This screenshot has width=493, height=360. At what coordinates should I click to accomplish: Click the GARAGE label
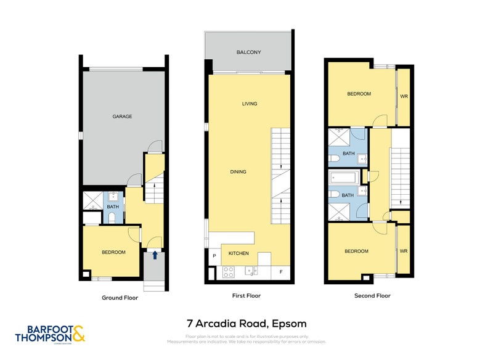pyautogui.click(x=122, y=117)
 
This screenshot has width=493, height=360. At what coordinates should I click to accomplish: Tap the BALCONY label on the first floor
pyautogui.click(x=248, y=53)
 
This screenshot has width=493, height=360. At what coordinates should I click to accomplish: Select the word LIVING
pyautogui.click(x=249, y=104)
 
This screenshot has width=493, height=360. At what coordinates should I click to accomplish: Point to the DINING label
pyautogui.click(x=238, y=172)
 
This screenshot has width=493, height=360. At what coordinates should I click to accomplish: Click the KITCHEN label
pyautogui.click(x=238, y=253)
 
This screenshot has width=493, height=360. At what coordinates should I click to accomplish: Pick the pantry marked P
pyautogui.click(x=214, y=255)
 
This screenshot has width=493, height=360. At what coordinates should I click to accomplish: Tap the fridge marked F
pyautogui.click(x=280, y=271)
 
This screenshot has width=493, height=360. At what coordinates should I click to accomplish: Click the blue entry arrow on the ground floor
pyautogui.click(x=155, y=254)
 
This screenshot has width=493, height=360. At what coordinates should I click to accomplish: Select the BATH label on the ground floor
pyautogui.click(x=112, y=207)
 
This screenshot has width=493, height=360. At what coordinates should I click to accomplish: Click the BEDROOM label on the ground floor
pyautogui.click(x=113, y=252)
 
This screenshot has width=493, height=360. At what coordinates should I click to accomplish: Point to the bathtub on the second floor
pyautogui.click(x=343, y=178)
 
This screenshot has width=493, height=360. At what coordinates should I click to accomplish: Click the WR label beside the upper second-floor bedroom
pyautogui.click(x=404, y=97)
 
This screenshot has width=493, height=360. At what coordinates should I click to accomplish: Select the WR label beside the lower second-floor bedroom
pyautogui.click(x=404, y=251)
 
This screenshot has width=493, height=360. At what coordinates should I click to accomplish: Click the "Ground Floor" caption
pyautogui.click(x=120, y=297)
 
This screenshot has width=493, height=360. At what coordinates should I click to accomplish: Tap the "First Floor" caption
pyautogui.click(x=246, y=296)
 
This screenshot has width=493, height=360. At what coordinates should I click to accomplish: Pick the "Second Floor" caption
pyautogui.click(x=372, y=296)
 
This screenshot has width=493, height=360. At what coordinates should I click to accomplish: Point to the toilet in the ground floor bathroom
pyautogui.click(x=112, y=216)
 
